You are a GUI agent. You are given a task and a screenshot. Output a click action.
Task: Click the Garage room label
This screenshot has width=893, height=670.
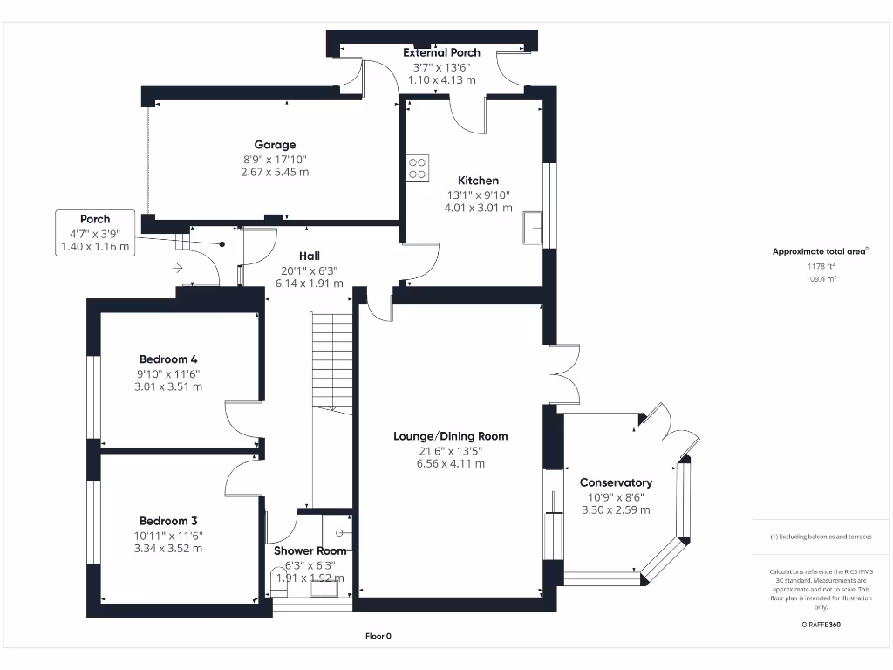pos(275,145)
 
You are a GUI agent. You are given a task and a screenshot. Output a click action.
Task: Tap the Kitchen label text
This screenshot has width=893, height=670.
pos(478,181)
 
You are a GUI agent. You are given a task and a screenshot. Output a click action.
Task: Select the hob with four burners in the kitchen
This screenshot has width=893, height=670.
pos(418,167)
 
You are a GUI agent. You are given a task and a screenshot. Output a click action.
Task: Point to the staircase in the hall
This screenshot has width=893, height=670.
pos(331,363)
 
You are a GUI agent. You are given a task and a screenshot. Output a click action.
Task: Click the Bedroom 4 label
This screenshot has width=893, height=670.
pos(168,359)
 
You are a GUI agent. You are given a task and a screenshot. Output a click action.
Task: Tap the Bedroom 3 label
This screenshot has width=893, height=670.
pos(167,521)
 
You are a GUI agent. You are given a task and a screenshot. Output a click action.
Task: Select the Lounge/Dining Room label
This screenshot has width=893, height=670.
pos(450,436)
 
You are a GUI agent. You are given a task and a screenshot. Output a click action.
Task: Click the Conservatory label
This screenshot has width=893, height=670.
pos(616,482)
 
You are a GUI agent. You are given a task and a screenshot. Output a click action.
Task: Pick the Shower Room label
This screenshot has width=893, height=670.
pos(310,551)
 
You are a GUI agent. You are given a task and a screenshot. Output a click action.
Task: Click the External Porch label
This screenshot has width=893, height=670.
pos(441,53)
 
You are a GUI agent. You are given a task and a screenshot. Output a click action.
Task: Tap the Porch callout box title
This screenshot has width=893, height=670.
pos(95,219)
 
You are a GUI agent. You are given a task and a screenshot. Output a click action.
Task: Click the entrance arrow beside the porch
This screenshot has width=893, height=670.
pos(178,268)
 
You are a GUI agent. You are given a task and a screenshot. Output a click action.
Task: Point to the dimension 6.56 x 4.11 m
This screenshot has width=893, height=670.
pos(450,464)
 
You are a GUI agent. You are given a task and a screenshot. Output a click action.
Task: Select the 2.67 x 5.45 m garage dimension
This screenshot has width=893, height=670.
pos(275,173)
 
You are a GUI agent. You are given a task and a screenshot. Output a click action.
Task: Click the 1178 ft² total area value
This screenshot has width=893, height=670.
pos(819,266)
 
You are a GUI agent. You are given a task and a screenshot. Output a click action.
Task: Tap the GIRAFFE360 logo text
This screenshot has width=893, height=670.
pos(820,625)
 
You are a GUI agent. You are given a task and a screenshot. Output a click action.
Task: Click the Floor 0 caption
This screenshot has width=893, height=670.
pos(378,636)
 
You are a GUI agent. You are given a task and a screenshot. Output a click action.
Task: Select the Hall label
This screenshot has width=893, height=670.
pos(309,256)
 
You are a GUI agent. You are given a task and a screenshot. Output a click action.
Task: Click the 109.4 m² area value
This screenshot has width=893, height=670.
pos(819,279)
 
